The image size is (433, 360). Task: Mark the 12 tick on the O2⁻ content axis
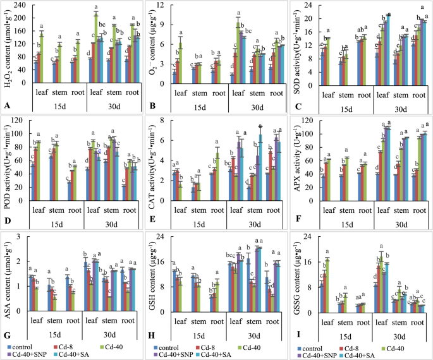click(166, 5)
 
